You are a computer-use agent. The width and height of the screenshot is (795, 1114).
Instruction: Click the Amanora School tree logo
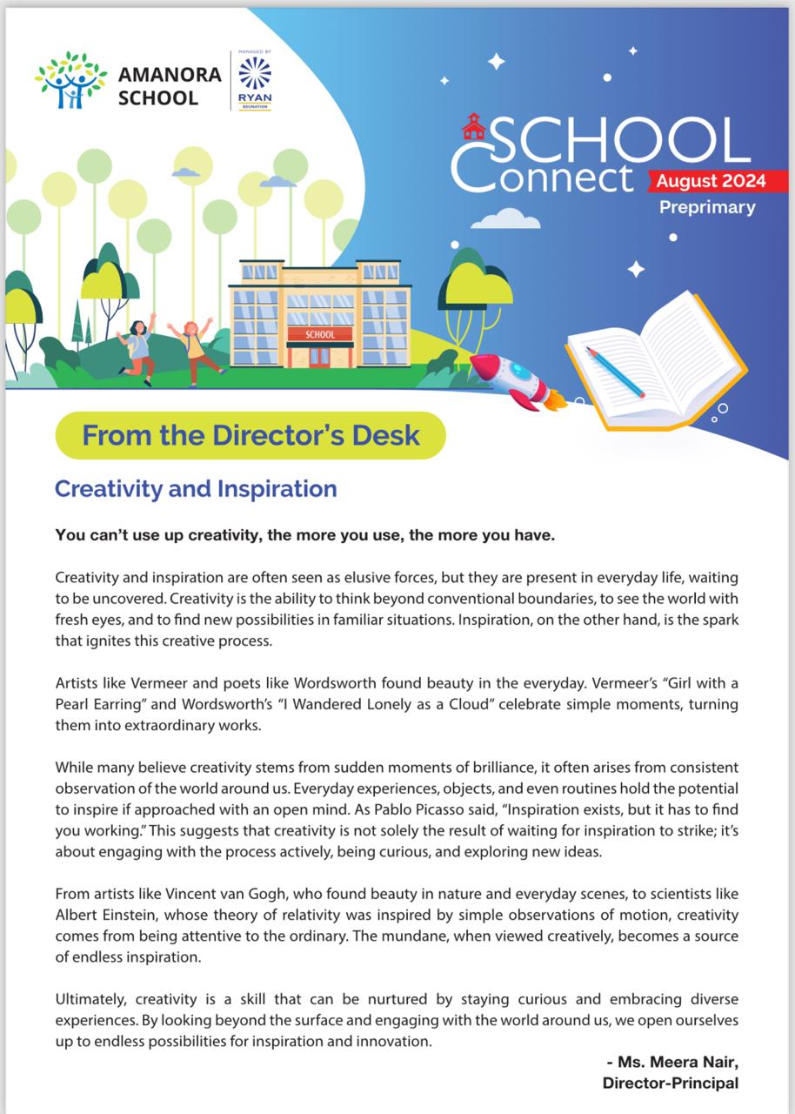pyautogui.click(x=71, y=79)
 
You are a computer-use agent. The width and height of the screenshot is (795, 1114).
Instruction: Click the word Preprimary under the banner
pyautogui.click(x=706, y=207)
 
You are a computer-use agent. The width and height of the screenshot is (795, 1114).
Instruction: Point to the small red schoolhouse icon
pyautogui.click(x=474, y=128)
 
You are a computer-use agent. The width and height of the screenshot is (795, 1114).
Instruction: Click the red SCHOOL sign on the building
pyautogui.click(x=320, y=334)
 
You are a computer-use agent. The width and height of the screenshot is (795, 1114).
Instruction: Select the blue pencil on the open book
pyautogui.click(x=615, y=372)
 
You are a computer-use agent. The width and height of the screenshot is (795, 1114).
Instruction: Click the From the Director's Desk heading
pyautogui.click(x=251, y=434)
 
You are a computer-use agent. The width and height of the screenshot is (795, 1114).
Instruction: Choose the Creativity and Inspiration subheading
pyautogui.click(x=196, y=488)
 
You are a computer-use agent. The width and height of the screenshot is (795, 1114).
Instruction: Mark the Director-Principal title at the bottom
pyautogui.click(x=670, y=1083)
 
